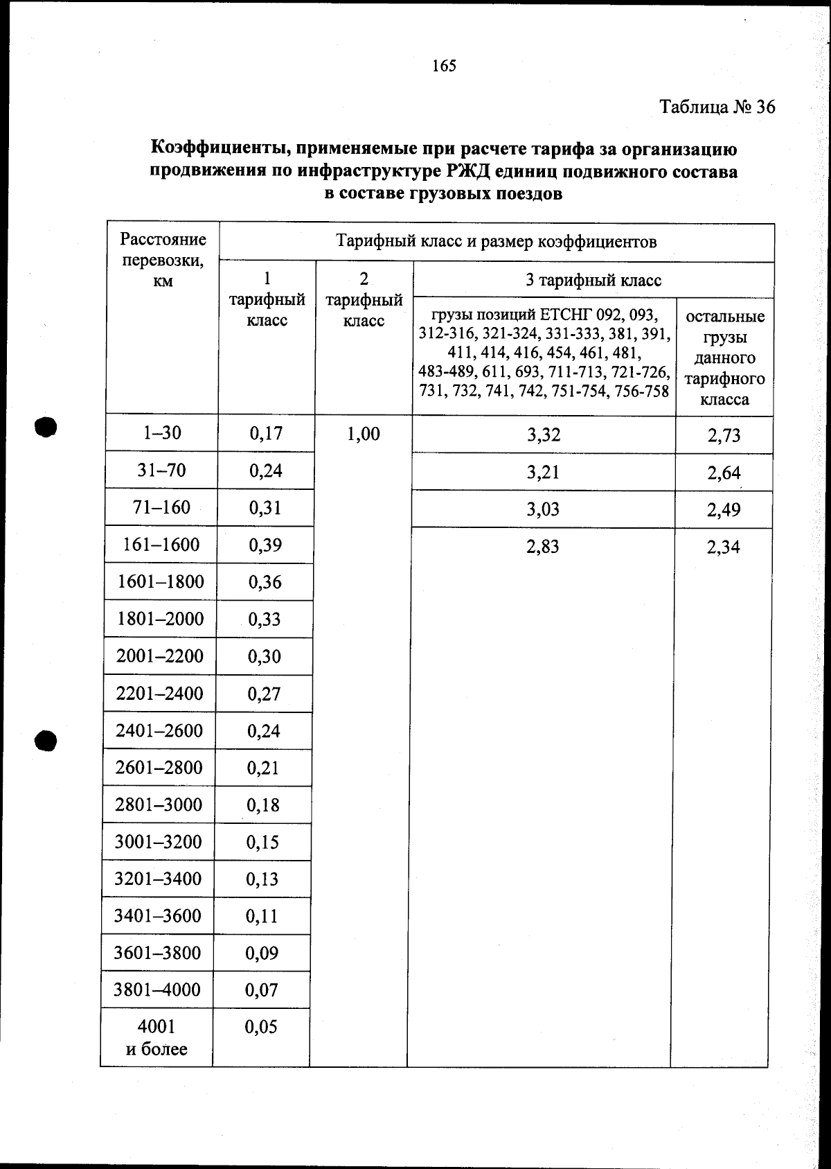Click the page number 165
click(x=444, y=66)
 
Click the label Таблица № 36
click(x=717, y=107)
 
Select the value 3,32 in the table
click(x=544, y=436)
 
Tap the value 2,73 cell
click(x=724, y=436)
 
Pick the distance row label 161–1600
click(x=161, y=545)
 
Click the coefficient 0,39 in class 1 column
click(x=265, y=545)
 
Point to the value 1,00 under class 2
click(x=364, y=434)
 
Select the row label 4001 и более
click(x=157, y=1037)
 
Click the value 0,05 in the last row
click(x=261, y=1027)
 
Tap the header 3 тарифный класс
click(x=593, y=281)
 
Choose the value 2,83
click(x=543, y=547)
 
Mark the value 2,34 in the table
click(x=723, y=547)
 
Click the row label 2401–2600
click(x=160, y=731)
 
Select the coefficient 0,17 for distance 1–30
click(x=266, y=434)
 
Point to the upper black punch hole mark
click(x=45, y=427)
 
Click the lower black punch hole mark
click(x=45, y=740)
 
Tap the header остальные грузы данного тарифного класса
click(x=724, y=358)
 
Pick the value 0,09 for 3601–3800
click(x=262, y=953)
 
